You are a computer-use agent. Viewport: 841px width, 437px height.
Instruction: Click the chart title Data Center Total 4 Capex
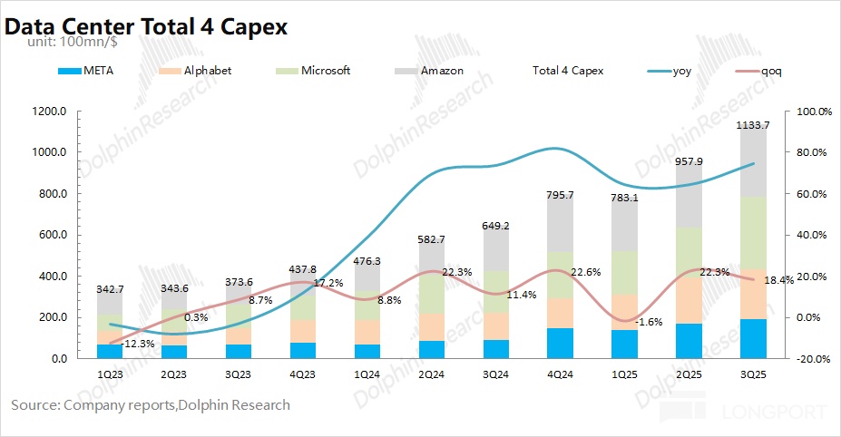pos(146,26)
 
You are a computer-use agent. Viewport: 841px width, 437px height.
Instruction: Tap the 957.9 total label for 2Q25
pos(689,161)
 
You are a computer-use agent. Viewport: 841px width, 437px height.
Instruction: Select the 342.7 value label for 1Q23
pos(110,288)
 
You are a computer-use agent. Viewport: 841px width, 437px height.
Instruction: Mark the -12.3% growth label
pos(138,343)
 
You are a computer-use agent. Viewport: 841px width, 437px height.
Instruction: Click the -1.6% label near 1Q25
pos(648,322)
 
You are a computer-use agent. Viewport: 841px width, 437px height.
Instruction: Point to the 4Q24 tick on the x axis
pos(561,374)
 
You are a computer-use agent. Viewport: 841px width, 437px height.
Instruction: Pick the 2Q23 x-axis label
pos(174,374)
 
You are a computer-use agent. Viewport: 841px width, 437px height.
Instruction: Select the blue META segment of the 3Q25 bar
pos(753,339)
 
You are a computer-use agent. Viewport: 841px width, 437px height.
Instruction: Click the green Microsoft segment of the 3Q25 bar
pos(753,232)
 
